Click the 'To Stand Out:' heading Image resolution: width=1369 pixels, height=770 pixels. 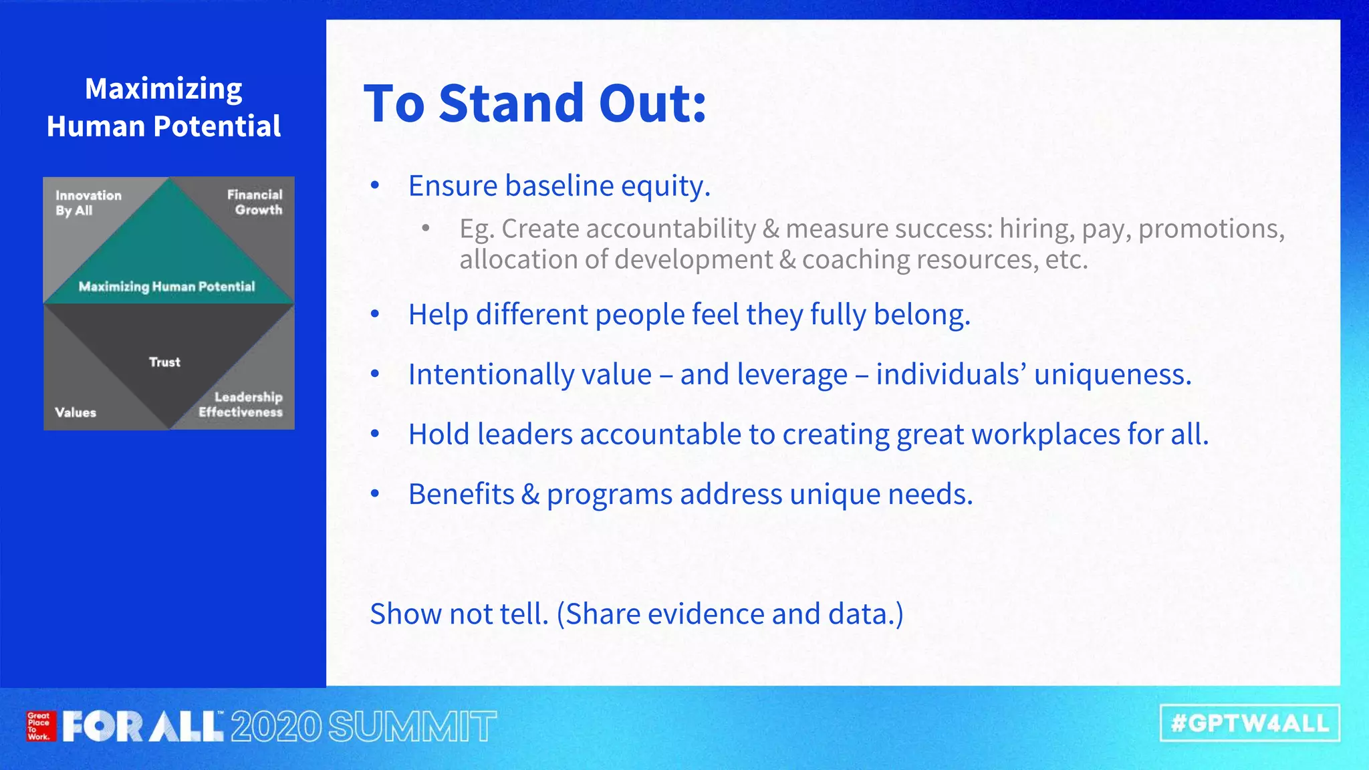(x=535, y=104)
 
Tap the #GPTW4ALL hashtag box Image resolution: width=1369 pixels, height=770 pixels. (x=1249, y=723)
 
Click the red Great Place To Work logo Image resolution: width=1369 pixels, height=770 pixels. (x=39, y=726)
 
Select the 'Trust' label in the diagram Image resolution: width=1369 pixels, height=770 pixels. (x=164, y=362)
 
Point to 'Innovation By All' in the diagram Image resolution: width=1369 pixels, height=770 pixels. (x=88, y=203)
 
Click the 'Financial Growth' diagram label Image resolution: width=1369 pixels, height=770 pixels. (x=255, y=202)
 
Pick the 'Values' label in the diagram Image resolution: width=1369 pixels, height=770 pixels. (x=76, y=412)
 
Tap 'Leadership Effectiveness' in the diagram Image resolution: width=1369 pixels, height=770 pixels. (x=241, y=404)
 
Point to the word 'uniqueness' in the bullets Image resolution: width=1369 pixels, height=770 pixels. (x=1112, y=374)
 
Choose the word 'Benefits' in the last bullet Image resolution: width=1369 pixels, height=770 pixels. (x=461, y=495)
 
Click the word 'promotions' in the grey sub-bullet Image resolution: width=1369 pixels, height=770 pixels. (x=1211, y=229)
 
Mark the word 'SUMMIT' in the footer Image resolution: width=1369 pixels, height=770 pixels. (x=412, y=727)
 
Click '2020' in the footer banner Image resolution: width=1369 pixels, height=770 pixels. (x=277, y=727)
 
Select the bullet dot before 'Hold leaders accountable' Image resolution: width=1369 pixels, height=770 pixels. (x=375, y=434)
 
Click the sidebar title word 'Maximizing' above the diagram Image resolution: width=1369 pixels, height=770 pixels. (x=164, y=89)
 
